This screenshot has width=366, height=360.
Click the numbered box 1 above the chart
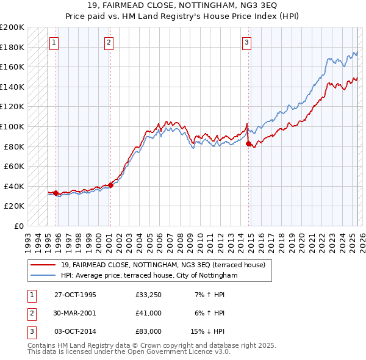[54, 42]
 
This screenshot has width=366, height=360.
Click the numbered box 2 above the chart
[109, 42]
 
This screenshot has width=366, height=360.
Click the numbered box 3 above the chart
[246, 42]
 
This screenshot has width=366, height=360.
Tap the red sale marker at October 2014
[248, 143]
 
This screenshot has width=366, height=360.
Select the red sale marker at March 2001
[110, 185]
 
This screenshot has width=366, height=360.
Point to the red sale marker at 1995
[56, 193]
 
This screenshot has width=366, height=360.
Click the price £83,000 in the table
[149, 331]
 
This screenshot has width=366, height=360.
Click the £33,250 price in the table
[149, 295]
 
